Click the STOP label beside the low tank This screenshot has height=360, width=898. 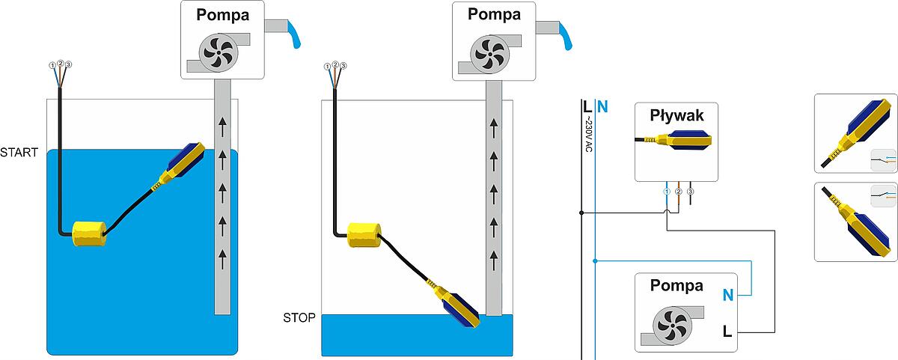coord(299,317)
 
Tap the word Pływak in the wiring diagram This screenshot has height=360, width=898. coord(676,115)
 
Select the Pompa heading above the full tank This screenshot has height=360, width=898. coord(222,16)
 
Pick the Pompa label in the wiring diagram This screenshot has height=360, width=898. coord(676,285)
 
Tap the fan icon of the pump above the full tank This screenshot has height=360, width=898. coord(218,51)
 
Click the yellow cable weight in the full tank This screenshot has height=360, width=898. coord(88,234)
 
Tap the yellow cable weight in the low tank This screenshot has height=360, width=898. coord(364,235)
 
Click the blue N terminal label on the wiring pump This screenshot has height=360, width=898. coord(727,296)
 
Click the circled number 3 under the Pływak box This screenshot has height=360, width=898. coord(690,192)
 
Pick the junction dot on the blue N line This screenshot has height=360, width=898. coord(595,261)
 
